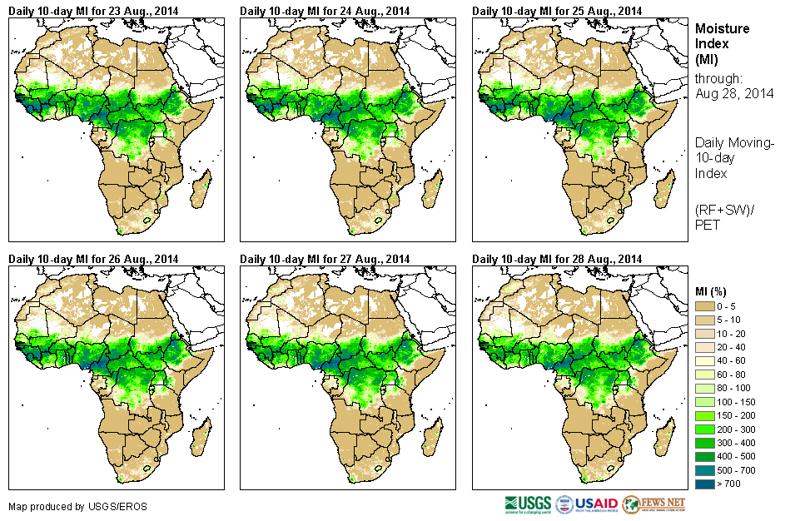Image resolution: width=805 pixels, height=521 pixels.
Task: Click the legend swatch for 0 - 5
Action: (x=705, y=307)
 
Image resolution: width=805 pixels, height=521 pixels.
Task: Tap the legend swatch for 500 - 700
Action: (x=705, y=469)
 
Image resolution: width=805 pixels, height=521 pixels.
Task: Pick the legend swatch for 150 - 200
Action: (x=705, y=414)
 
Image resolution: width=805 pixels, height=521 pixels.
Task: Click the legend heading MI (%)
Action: (x=713, y=290)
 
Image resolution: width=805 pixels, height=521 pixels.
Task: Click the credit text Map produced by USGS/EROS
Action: (x=59, y=506)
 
